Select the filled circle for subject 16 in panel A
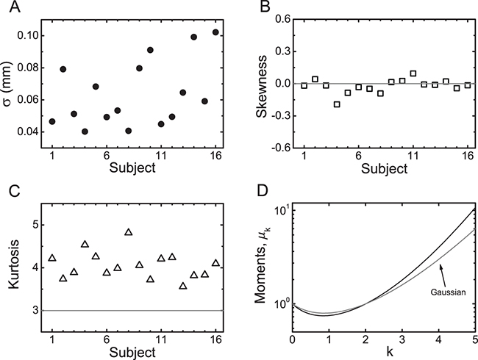click(215, 32)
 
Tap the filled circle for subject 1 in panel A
click(51, 121)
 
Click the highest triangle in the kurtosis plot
click(129, 232)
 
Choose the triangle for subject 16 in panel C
click(215, 263)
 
